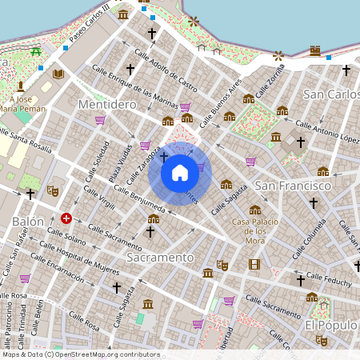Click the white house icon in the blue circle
tap(180, 172)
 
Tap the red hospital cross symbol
tap(66, 218)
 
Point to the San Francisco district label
tap(293, 186)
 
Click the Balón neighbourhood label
tap(28, 220)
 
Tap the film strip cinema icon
tap(254, 265)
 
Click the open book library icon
tap(58, 74)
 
